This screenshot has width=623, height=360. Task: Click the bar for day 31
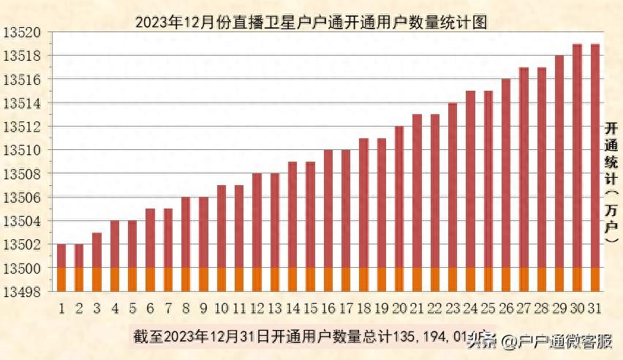[x=594, y=161]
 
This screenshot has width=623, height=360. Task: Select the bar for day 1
[x=61, y=263]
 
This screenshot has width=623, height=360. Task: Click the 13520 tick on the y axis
[x=25, y=33]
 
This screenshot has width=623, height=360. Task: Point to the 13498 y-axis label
[x=25, y=292]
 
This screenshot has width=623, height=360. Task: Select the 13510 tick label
[x=25, y=151]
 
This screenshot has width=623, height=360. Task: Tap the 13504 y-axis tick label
[x=25, y=221]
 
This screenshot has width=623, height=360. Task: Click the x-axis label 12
[x=257, y=308]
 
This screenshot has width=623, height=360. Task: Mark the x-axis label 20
[x=399, y=308]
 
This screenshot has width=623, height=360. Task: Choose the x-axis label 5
[x=132, y=308]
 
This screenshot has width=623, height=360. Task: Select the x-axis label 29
[x=559, y=308]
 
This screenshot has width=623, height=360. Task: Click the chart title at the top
[x=311, y=22]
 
